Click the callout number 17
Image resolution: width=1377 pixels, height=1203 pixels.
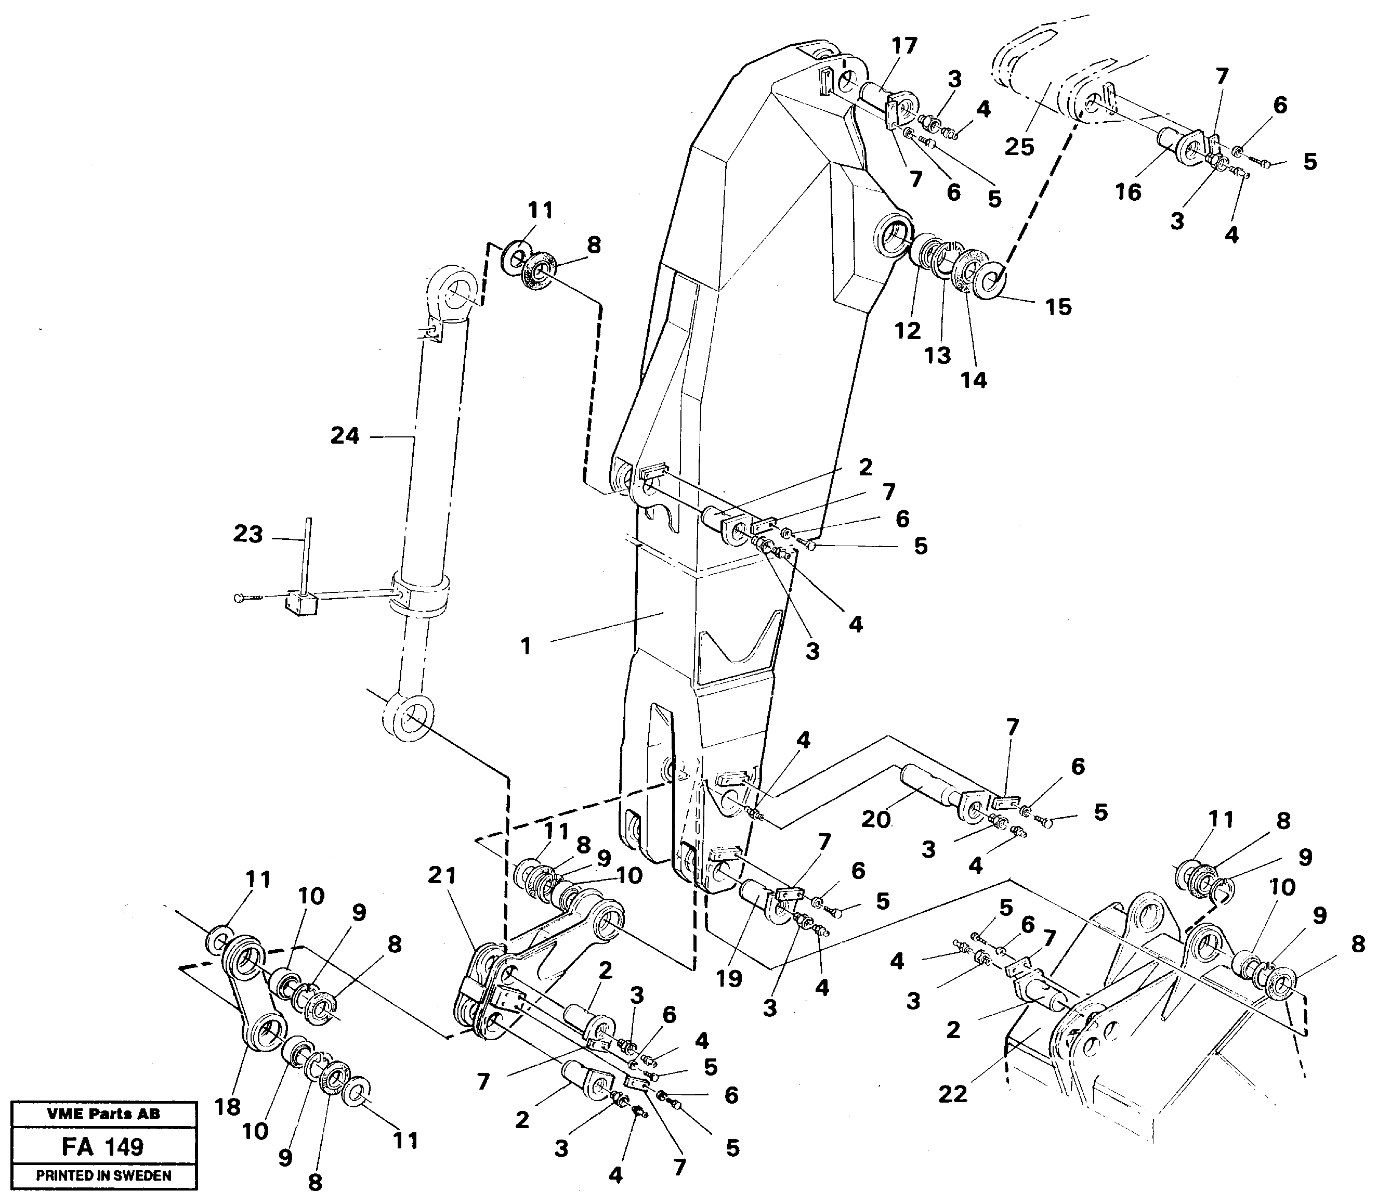(x=904, y=46)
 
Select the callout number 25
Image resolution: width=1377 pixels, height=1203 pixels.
(x=1019, y=147)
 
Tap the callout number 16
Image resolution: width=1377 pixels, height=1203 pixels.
(x=1128, y=192)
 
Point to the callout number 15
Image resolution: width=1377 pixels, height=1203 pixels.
(x=1058, y=307)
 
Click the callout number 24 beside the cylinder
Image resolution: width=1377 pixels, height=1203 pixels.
(x=345, y=436)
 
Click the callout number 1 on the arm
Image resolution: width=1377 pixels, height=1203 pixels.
(x=526, y=646)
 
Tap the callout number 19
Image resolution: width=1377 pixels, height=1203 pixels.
(x=729, y=979)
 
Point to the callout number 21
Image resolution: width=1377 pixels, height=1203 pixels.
(x=443, y=875)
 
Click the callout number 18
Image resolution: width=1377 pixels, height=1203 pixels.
(x=228, y=1106)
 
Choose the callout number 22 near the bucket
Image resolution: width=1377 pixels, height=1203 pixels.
(x=953, y=1094)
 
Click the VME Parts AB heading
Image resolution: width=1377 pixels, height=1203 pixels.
(x=103, y=1114)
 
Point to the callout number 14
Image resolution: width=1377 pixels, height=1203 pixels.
(x=974, y=380)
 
